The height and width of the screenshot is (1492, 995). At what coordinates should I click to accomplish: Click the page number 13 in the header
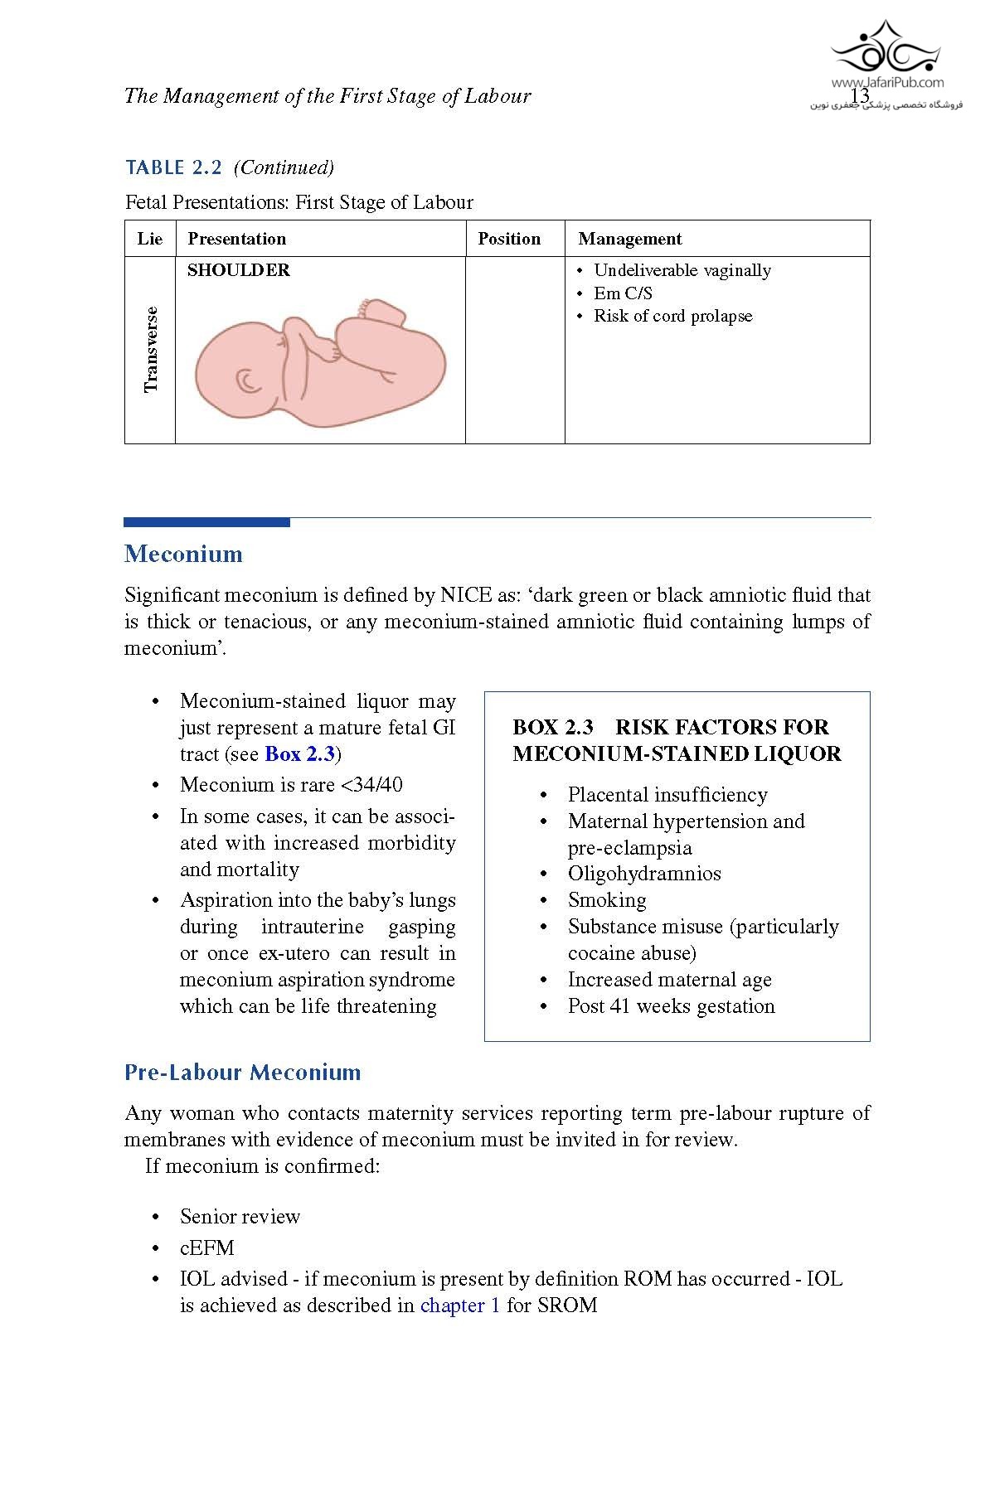860,96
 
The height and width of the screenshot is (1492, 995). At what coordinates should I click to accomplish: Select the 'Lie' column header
150,239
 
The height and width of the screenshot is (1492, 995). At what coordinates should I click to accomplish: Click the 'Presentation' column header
236,239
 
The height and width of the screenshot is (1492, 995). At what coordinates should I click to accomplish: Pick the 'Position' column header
509,239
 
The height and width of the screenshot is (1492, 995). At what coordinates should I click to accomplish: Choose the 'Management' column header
629,239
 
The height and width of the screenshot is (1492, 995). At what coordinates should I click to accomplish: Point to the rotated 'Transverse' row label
150,350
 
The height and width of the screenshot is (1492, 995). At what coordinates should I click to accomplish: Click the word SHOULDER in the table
239,270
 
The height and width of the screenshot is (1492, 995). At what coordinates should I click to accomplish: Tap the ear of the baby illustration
248,380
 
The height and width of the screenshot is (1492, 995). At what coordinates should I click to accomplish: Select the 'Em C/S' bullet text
623,293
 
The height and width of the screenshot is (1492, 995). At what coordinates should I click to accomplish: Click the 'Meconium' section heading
183,554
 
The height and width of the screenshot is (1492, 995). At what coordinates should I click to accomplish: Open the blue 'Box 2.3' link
299,754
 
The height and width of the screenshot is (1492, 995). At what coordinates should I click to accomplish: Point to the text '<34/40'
371,784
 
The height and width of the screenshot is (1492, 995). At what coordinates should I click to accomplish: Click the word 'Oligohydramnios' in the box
644,874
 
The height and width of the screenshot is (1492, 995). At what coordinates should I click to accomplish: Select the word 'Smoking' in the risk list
607,900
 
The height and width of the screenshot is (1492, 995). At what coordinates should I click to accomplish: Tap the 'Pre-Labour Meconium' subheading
242,1073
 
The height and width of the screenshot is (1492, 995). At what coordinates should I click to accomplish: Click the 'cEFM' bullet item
207,1247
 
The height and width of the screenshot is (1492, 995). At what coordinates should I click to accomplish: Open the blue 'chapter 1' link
460,1305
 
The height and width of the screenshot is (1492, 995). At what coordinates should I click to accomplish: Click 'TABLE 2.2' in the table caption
173,168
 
